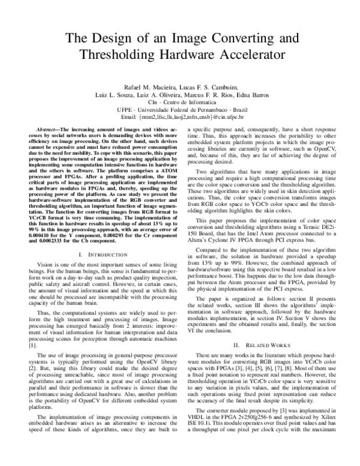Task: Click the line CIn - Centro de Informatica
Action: point(180,104)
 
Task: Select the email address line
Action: point(180,119)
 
